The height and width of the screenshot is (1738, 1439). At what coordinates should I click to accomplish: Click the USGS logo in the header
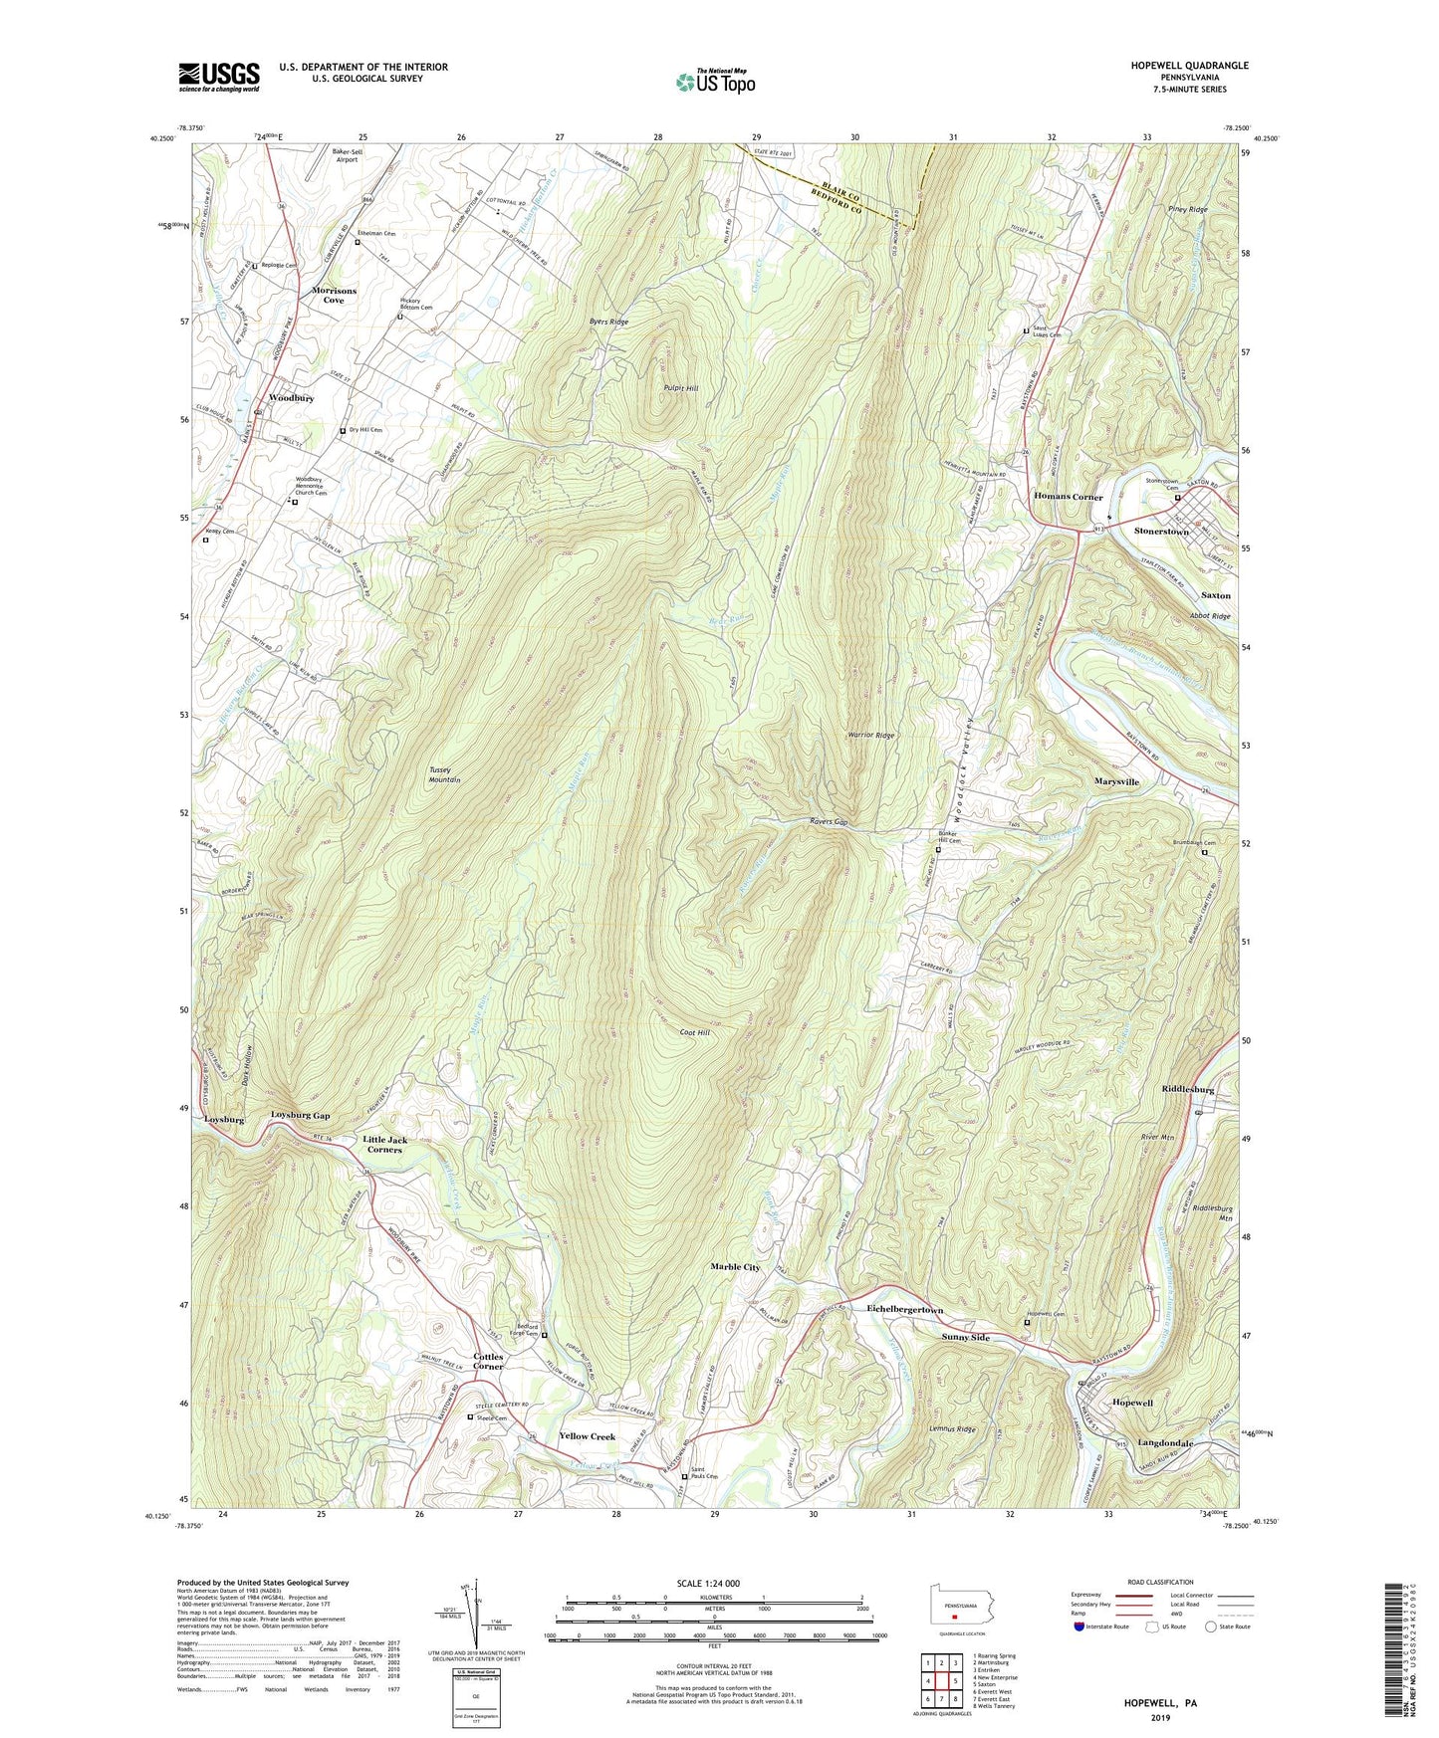point(219,76)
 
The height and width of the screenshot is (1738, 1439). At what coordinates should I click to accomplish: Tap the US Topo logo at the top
point(715,82)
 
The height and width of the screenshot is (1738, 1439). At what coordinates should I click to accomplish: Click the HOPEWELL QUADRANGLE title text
point(1189,66)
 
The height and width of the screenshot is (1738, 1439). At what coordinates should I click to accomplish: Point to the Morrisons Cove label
point(334,295)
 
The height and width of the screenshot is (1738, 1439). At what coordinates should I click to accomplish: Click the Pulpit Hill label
point(681,388)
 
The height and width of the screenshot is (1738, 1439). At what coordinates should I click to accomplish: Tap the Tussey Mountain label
point(445,774)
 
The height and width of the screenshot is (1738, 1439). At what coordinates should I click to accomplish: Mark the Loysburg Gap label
point(300,1115)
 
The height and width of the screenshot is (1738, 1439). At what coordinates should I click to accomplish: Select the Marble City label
point(735,1267)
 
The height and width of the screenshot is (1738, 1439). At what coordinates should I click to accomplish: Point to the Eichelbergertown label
point(904,1309)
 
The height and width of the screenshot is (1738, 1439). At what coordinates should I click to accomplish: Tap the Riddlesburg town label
point(1187,1089)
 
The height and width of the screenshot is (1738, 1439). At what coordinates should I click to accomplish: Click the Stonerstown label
point(1161,532)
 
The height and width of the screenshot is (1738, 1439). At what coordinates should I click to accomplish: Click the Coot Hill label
point(695,1033)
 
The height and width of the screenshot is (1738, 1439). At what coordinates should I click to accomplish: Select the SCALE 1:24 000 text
point(707,1583)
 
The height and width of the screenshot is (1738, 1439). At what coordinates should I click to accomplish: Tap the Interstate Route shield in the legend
point(1079,1627)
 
